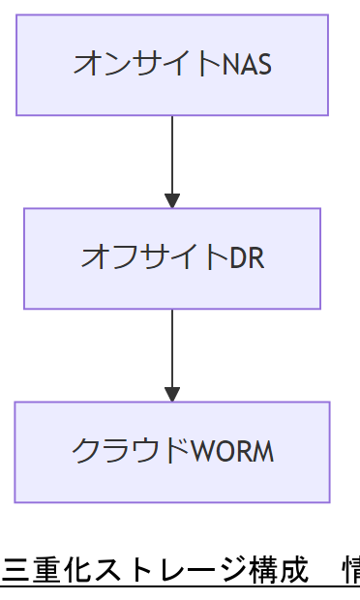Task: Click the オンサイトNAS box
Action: [x=172, y=65]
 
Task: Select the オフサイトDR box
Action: [x=172, y=258]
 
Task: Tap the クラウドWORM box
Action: [x=172, y=452]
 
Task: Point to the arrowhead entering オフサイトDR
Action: [x=172, y=201]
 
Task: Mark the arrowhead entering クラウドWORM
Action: [x=172, y=395]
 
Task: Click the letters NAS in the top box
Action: [x=247, y=65]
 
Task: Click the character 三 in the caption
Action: [x=15, y=571]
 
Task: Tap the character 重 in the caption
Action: [x=45, y=571]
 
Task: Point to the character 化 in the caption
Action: [x=75, y=571]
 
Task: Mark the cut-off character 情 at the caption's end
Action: [x=351, y=571]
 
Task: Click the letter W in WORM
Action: [x=201, y=452]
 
